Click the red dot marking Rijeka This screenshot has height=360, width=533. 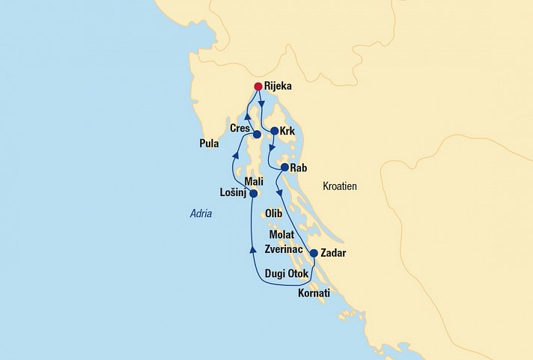coord(258,85)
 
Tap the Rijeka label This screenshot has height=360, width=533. coord(278,86)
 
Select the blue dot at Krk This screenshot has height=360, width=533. coord(274,131)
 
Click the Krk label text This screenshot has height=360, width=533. coord(288,131)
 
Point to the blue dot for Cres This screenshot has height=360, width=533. coord(257,135)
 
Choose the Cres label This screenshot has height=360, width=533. coord(240,129)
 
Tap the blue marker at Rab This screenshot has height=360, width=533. coord(284,167)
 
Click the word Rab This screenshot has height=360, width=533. coord(298,168)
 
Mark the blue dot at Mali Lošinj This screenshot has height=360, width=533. coord(253,193)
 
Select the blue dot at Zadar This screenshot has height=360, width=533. coord(313,253)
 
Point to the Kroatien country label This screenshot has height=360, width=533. coord(340,186)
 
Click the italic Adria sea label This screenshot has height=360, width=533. coord(201,213)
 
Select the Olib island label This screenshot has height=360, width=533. coord(273,213)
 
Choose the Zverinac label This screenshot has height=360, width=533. coord(282,249)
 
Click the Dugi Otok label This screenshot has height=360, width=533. coord(287,273)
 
